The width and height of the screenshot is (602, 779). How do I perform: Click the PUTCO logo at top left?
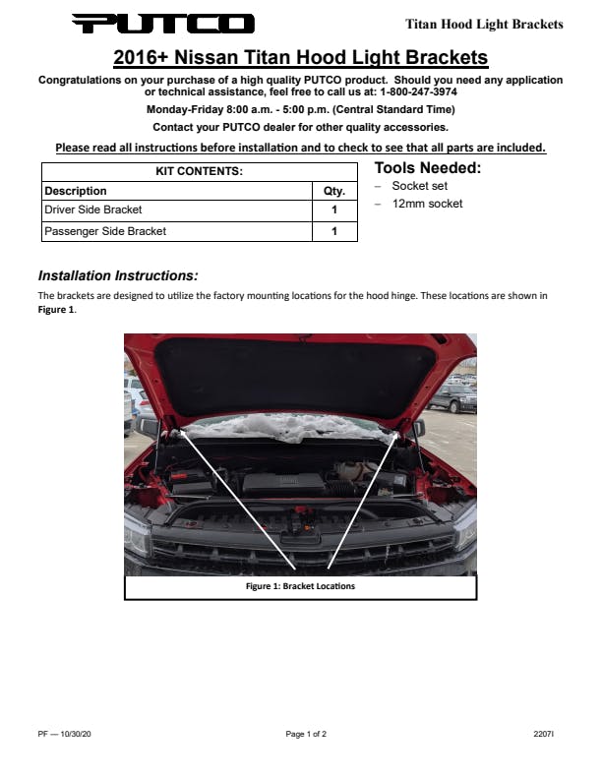pos(163,24)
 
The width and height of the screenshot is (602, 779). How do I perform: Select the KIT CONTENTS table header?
pos(199,171)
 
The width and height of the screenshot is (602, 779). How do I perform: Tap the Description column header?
pos(76,191)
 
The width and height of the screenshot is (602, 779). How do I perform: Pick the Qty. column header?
pos(334,191)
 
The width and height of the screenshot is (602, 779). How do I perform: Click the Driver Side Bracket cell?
pos(93,210)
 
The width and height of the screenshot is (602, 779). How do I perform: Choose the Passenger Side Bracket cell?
pos(105,231)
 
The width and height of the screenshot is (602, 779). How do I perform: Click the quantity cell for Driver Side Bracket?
pos(334,210)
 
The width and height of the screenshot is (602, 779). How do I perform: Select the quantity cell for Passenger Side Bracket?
pos(334,232)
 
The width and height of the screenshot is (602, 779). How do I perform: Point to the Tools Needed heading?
pos(428,168)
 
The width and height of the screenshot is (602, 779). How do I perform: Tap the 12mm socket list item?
pos(427,204)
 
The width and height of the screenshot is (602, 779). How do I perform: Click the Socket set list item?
pos(419,186)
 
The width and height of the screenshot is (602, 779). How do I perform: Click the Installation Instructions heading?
pos(118,275)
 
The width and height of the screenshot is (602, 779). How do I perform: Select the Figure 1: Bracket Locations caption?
pos(300,586)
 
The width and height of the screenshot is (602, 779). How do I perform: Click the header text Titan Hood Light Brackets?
pos(484,24)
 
